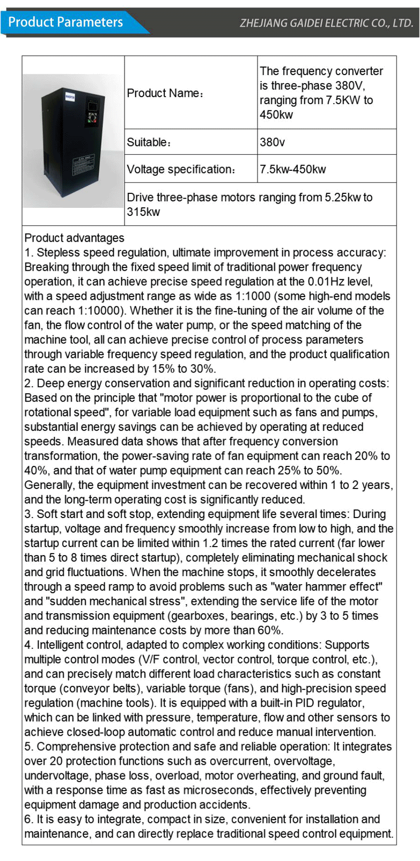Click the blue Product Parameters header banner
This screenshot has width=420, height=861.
click(x=66, y=22)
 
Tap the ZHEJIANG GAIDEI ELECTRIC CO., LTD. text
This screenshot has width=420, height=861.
click(x=326, y=23)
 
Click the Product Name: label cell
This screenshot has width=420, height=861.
click(x=165, y=93)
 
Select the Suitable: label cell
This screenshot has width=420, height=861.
click(x=149, y=142)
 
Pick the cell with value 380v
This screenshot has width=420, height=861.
click(x=273, y=142)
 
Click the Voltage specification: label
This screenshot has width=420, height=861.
click(x=181, y=169)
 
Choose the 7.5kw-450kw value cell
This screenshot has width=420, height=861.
click(x=293, y=169)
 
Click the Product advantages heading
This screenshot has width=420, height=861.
click(x=74, y=238)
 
